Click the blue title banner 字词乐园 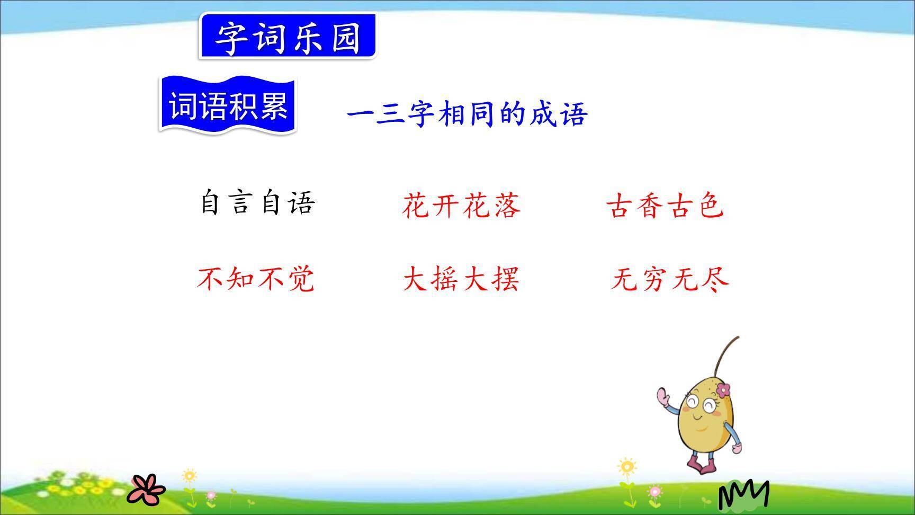click(288, 37)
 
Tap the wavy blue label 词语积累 click(228, 105)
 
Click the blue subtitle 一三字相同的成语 click(467, 114)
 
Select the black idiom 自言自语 click(257, 203)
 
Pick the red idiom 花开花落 click(462, 206)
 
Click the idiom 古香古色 click(665, 206)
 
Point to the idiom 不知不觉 click(256, 279)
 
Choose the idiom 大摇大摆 click(461, 279)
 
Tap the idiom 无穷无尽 click(670, 279)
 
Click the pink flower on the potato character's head click(723, 390)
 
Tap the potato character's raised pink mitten click(663, 396)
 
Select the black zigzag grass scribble click(743, 495)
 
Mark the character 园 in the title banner click(346, 37)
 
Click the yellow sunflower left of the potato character click(627, 467)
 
